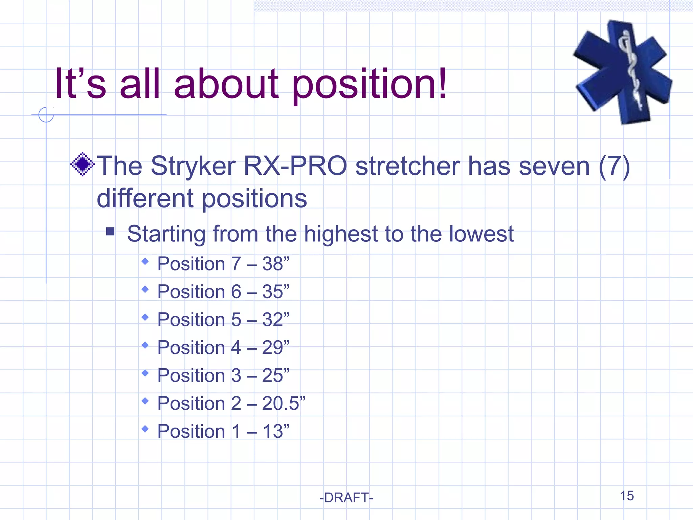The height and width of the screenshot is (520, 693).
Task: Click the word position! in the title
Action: coord(369,85)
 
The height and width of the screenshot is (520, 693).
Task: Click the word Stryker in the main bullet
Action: coord(193,166)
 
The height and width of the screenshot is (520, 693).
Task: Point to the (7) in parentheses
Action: coord(614,166)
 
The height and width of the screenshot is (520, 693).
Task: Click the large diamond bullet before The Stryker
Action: coord(82,165)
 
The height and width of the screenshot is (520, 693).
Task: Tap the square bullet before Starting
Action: coord(110,232)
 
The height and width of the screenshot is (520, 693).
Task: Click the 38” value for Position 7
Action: coord(275,264)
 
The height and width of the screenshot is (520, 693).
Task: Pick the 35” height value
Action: coord(275,292)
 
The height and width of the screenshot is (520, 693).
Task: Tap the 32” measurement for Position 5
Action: coord(275,320)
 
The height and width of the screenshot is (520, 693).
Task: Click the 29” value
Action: coord(275,348)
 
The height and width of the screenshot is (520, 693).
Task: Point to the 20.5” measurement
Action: coord(283,404)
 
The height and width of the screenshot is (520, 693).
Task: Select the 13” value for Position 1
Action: coord(275,431)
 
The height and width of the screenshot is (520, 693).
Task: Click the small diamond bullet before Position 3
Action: coord(145,373)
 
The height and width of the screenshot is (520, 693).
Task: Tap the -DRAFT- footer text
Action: coord(346,498)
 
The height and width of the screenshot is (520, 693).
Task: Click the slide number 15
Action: coord(627,496)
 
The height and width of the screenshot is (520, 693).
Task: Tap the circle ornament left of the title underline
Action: coord(46,115)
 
